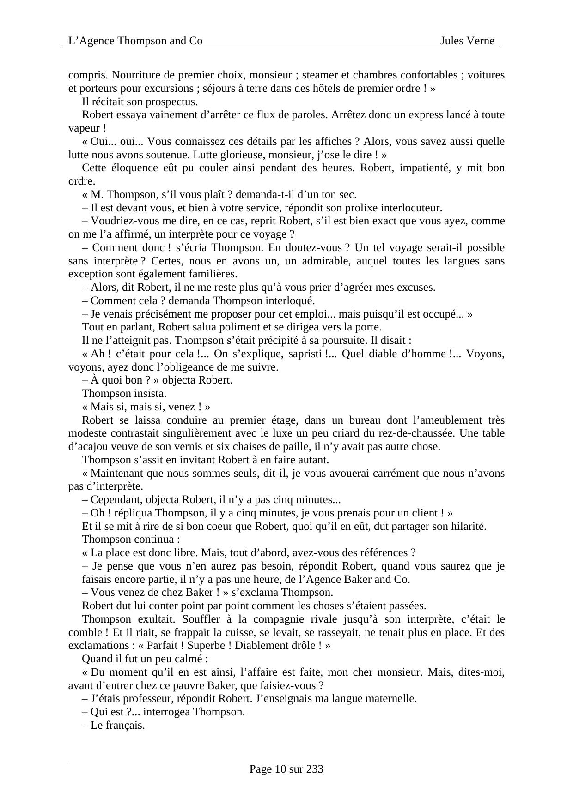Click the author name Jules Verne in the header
pos(467,41)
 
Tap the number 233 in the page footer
pos(315,769)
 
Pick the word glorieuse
pos(159,155)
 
